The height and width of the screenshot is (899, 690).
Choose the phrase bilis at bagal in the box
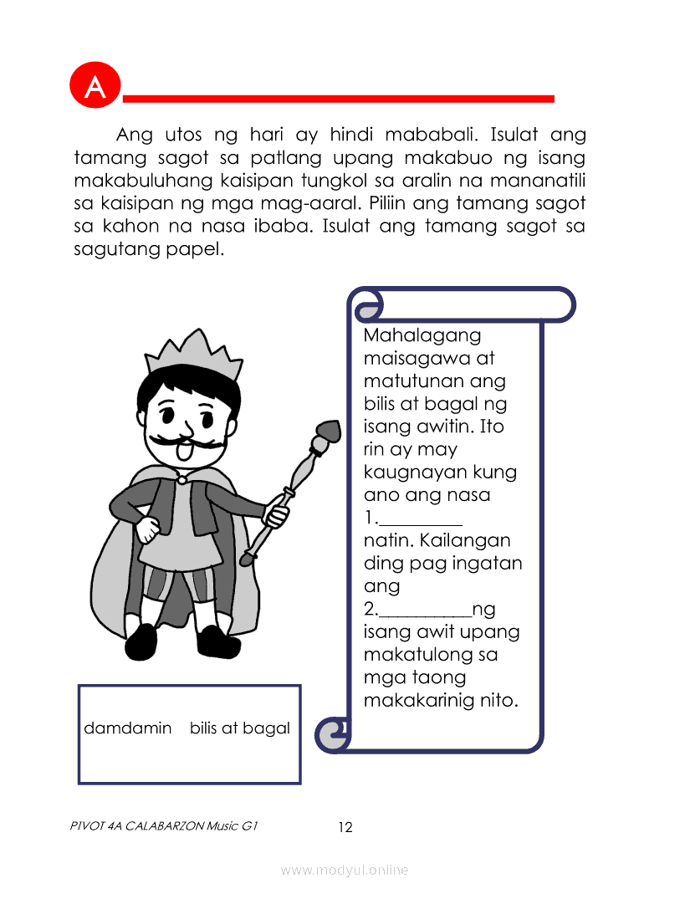[x=240, y=728]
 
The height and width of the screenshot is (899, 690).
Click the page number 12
[x=345, y=828]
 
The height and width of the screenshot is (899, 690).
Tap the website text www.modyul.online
[x=345, y=871]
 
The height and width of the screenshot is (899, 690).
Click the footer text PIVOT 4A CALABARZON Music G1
[x=165, y=826]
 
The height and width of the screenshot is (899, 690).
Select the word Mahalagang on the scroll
[x=422, y=336]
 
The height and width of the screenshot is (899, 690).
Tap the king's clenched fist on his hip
[x=148, y=529]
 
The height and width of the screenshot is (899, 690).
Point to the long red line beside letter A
[x=338, y=99]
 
